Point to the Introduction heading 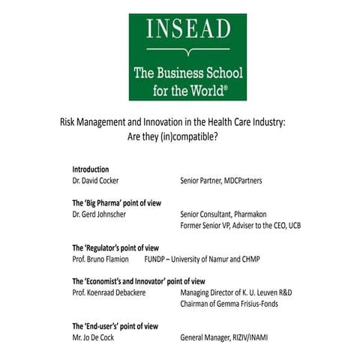(x=90, y=169)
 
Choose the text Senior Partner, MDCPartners (x=221, y=181)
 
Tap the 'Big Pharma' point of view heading (x=116, y=203)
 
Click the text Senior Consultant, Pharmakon (x=223, y=214)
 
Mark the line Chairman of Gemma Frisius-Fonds (x=238, y=304)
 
